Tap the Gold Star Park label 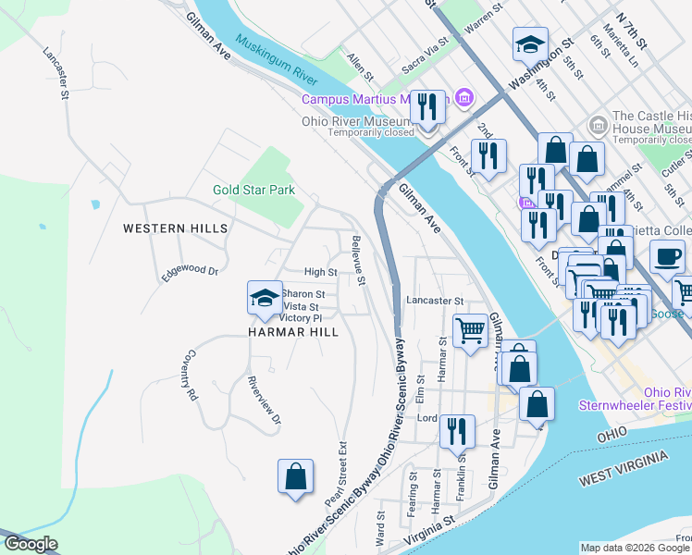[x=253, y=190]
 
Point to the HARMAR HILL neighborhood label [x=292, y=331]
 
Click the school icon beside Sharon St [x=265, y=298]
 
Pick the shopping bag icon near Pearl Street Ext [x=295, y=477]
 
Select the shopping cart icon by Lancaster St [x=471, y=330]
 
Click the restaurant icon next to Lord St [x=457, y=432]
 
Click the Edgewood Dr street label [x=190, y=272]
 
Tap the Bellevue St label [x=358, y=259]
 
